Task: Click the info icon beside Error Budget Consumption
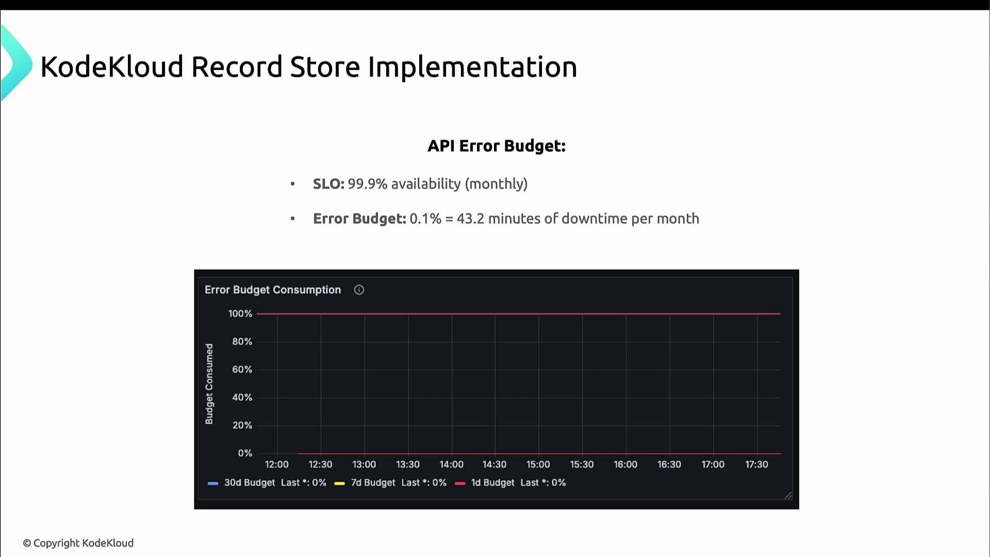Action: click(x=359, y=290)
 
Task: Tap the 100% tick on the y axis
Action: click(x=240, y=314)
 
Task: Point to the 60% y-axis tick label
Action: click(x=242, y=369)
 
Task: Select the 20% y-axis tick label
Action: click(x=242, y=425)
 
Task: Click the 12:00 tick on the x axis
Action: click(x=277, y=464)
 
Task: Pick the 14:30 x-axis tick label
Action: click(x=494, y=464)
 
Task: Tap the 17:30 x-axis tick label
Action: click(x=756, y=464)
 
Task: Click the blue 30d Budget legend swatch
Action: click(x=213, y=483)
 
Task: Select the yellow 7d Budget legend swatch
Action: click(x=339, y=483)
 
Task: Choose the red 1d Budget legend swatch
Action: click(x=460, y=483)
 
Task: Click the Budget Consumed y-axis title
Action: click(x=209, y=384)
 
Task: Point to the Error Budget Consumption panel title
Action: click(x=273, y=290)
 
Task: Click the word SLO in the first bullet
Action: click(x=328, y=184)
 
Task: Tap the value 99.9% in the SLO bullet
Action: click(x=367, y=184)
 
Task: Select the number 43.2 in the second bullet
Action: click(x=470, y=219)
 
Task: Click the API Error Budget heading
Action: click(x=497, y=146)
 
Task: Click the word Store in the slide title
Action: click(x=325, y=67)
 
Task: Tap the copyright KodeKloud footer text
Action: click(x=78, y=543)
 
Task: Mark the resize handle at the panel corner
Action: click(x=788, y=496)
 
